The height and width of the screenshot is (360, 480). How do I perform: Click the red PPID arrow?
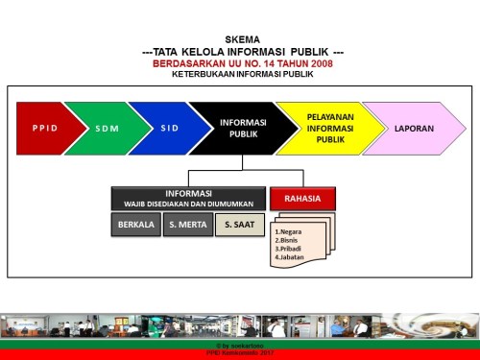coord(44,128)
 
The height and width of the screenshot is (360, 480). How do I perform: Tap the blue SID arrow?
coord(169,128)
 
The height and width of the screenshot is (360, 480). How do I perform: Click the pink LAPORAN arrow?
coord(413,128)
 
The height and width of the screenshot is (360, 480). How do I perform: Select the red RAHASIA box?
coord(302,199)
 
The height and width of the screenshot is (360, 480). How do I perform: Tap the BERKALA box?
coord(135,226)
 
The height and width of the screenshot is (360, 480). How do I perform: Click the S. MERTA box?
coord(188,226)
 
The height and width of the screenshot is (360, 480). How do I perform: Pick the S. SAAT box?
coord(239,226)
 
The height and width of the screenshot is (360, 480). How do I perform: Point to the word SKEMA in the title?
coord(241,39)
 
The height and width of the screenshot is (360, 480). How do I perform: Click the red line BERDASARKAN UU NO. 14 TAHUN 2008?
coord(241,62)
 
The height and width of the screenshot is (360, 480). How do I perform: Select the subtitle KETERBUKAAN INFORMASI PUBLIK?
coord(241,73)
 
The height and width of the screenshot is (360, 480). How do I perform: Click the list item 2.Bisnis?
coord(289,240)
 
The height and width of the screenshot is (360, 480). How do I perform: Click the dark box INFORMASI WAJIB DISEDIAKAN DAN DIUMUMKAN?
coord(188,198)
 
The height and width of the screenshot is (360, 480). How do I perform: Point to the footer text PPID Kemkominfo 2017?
coord(240,353)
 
